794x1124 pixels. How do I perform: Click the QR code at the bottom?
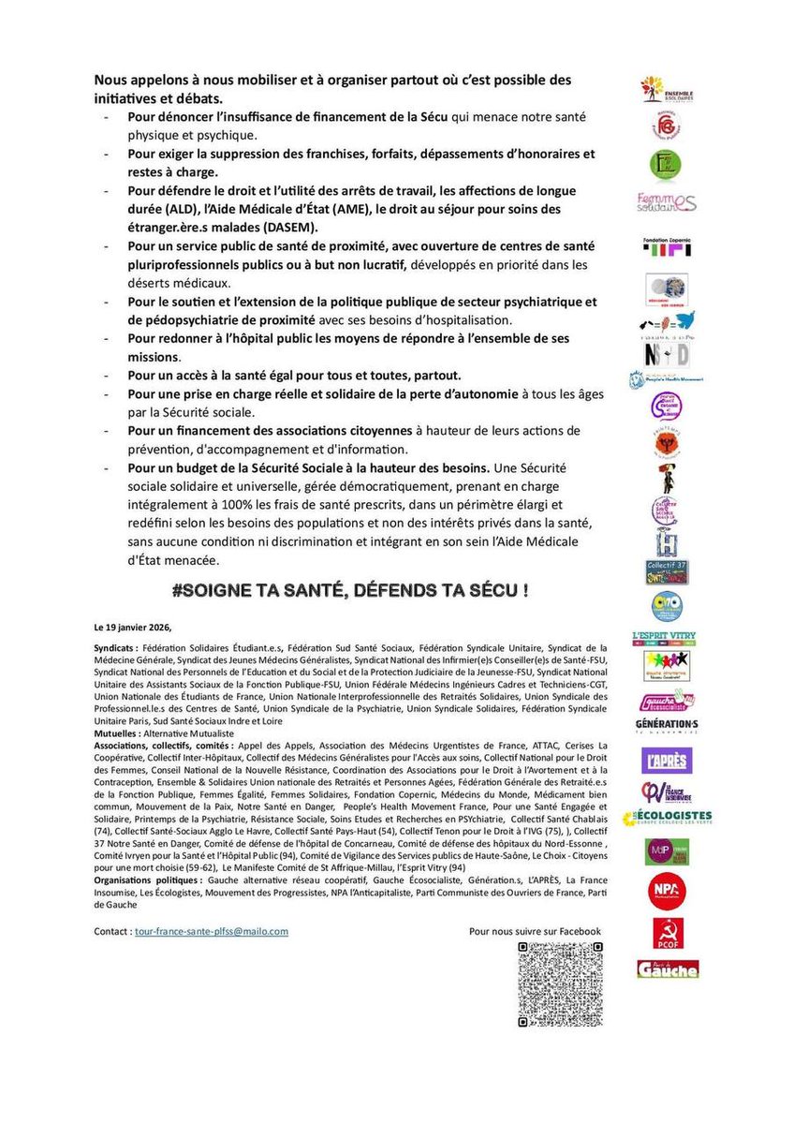560,984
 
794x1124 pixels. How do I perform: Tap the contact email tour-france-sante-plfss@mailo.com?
211,931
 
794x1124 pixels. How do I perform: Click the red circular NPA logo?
668,891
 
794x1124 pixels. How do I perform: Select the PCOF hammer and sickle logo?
668,934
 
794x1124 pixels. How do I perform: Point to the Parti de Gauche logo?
668,969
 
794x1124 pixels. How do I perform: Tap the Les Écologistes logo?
668,819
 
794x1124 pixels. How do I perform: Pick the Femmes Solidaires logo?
668,202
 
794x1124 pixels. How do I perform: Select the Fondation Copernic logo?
668,246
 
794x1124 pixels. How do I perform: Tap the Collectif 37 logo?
668,571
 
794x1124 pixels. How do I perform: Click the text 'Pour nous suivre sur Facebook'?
535,931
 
